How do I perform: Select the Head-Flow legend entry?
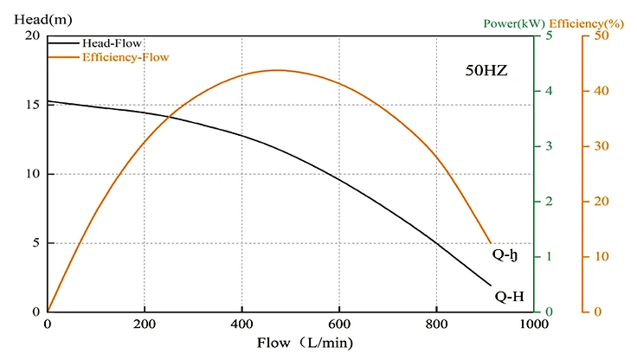tap(112, 42)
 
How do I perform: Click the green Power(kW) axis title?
tap(513, 24)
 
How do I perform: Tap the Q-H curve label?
tap(509, 296)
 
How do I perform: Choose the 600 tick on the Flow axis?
tap(339, 324)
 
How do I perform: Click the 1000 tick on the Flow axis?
tap(533, 324)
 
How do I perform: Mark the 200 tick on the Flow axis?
tap(145, 324)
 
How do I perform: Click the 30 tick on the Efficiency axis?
tap(602, 146)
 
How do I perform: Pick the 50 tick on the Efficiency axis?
tap(602, 35)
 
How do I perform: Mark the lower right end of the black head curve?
tap(491, 286)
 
